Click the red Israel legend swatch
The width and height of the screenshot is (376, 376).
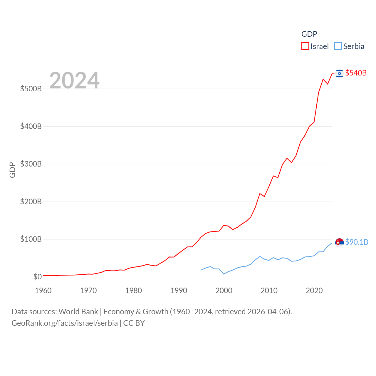pyautogui.click(x=305, y=46)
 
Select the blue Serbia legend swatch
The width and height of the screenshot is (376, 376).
pyautogui.click(x=338, y=46)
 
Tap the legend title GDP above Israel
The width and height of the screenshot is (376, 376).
pyautogui.click(x=309, y=34)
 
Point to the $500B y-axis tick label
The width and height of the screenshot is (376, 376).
pyautogui.click(x=31, y=89)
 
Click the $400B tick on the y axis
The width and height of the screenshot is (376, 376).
pyautogui.click(x=31, y=126)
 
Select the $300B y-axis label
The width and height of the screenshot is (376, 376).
pyautogui.click(x=31, y=164)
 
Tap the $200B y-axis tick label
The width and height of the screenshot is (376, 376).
pyautogui.click(x=31, y=202)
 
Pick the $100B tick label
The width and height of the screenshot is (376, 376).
pyautogui.click(x=31, y=239)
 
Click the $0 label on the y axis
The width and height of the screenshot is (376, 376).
pyautogui.click(x=37, y=277)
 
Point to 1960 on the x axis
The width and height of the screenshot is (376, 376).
pyautogui.click(x=43, y=291)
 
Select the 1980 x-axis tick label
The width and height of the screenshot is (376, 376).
pyautogui.click(x=133, y=291)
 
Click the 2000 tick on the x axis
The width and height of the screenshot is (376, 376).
pyautogui.click(x=224, y=291)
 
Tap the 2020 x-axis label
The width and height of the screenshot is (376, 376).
pyautogui.click(x=314, y=291)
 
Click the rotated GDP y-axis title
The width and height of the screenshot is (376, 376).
pyautogui.click(x=12, y=170)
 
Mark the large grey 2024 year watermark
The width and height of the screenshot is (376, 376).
pyautogui.click(x=74, y=80)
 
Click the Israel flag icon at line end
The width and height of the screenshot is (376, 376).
pyautogui.click(x=340, y=73)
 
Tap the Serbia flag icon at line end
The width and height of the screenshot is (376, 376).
pyautogui.click(x=340, y=242)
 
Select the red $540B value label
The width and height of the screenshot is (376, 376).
pyautogui.click(x=356, y=73)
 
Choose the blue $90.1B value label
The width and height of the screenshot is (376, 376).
pyautogui.click(x=357, y=242)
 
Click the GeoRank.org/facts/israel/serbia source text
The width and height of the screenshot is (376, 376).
pyautogui.click(x=65, y=323)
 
